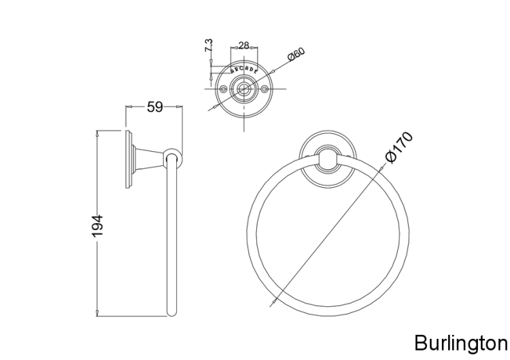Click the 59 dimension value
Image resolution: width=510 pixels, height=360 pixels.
[154, 106]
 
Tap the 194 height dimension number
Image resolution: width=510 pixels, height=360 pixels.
[97, 225]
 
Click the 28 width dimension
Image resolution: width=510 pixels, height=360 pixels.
[243, 45]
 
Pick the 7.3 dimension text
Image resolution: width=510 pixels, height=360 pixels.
[209, 45]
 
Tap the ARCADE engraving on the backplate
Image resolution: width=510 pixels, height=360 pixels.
[244, 69]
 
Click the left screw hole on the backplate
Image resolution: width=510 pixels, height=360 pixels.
[223, 88]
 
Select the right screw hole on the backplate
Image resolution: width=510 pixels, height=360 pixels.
[265, 88]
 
